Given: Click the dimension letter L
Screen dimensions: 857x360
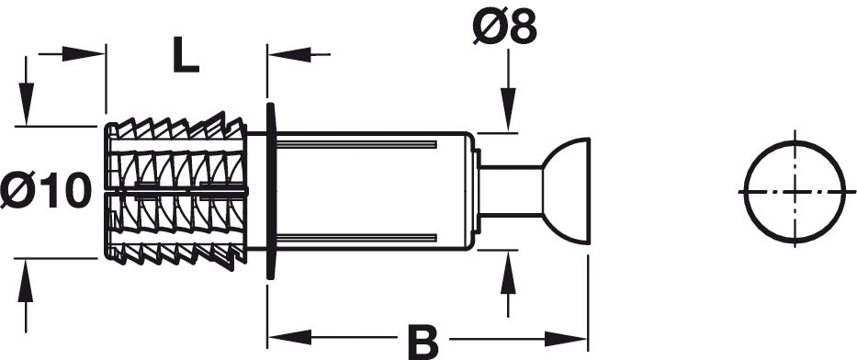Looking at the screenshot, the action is click(x=186, y=54).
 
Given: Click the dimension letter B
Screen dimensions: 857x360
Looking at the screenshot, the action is click(x=423, y=342).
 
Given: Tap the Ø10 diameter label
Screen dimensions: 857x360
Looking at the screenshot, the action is click(x=46, y=190).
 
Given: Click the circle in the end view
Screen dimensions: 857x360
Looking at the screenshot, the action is click(x=746, y=192).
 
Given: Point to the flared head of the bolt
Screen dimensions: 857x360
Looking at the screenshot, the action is click(x=568, y=191).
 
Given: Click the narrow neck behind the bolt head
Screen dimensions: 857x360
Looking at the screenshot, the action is click(x=511, y=191).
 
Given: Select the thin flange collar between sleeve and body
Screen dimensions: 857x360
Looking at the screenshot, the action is click(x=271, y=191).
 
